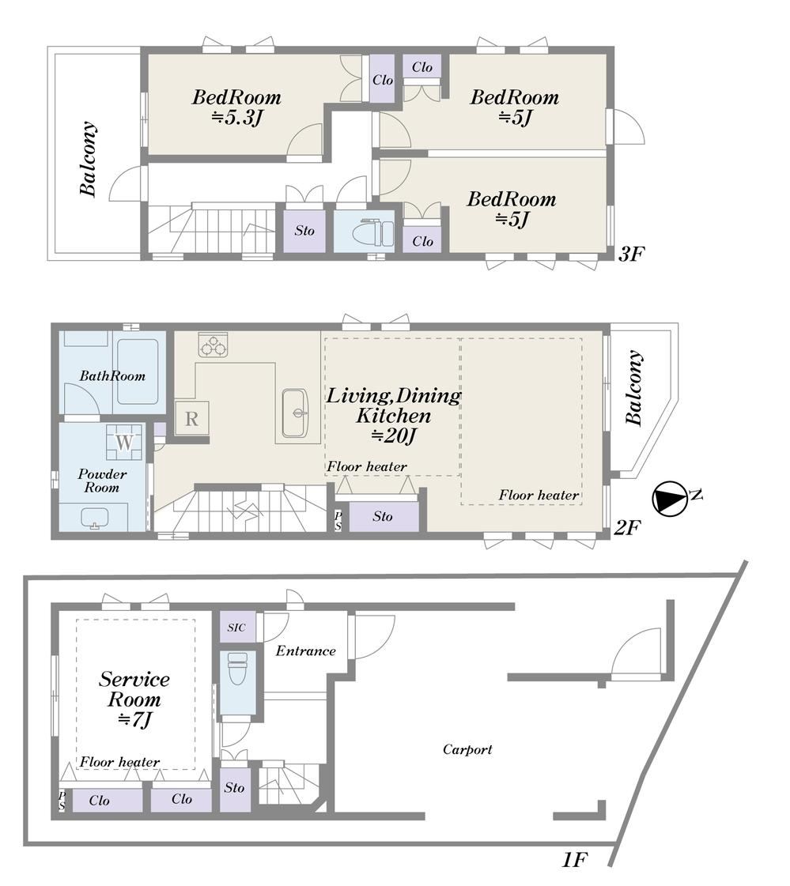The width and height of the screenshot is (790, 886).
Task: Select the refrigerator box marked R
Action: [x=191, y=419]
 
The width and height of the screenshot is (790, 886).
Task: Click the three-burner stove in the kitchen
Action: [x=214, y=345]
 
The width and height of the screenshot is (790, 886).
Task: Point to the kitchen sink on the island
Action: [x=295, y=413]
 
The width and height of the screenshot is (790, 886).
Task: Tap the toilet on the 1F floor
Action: [x=237, y=669]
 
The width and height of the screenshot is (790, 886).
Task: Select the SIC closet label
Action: [x=236, y=628]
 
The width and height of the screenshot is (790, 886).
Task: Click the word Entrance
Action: [x=305, y=651]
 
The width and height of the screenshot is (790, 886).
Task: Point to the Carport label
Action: [x=467, y=750]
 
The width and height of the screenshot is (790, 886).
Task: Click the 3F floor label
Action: [x=630, y=254]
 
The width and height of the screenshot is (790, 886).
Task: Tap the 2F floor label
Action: [x=627, y=528]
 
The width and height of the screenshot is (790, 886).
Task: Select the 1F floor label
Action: [x=574, y=859]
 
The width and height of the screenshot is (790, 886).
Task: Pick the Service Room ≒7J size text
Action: [x=134, y=720]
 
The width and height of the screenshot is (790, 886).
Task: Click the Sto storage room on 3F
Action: [x=304, y=231]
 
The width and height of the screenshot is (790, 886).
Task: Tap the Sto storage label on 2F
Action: [x=383, y=516]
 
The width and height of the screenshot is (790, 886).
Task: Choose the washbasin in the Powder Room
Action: [x=95, y=518]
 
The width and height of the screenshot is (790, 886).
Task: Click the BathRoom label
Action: [x=112, y=375]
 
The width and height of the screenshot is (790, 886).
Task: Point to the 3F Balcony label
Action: [x=88, y=159]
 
